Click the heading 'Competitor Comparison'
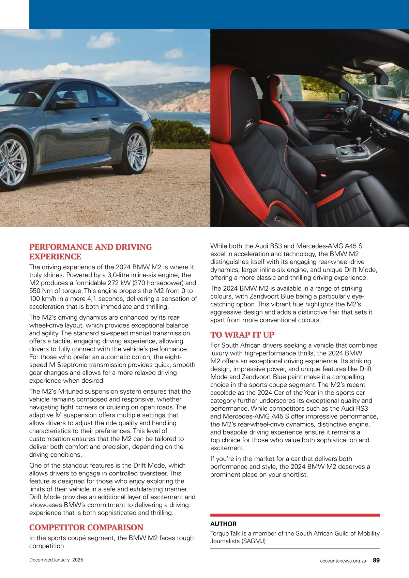click(86, 528)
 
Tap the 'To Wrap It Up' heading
click(242, 335)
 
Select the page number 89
click(376, 560)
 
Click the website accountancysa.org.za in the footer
click(343, 561)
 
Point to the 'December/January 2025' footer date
click(56, 560)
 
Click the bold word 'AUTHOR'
click(223, 524)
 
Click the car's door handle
click(96, 118)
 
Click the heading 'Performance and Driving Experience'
click(90, 252)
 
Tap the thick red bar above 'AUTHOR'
click(295, 515)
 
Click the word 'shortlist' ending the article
click(293, 474)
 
